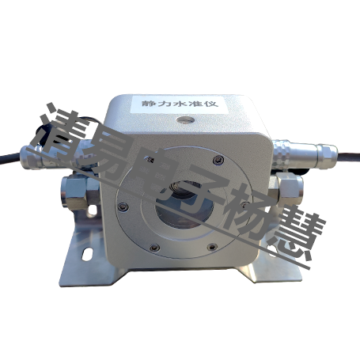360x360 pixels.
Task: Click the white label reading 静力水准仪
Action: coord(180,104)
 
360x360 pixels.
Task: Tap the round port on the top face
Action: coord(186,120)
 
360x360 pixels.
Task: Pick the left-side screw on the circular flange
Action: coord(123,207)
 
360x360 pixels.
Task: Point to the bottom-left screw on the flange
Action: coord(154,248)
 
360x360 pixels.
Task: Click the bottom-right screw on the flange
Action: coord(212,247)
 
